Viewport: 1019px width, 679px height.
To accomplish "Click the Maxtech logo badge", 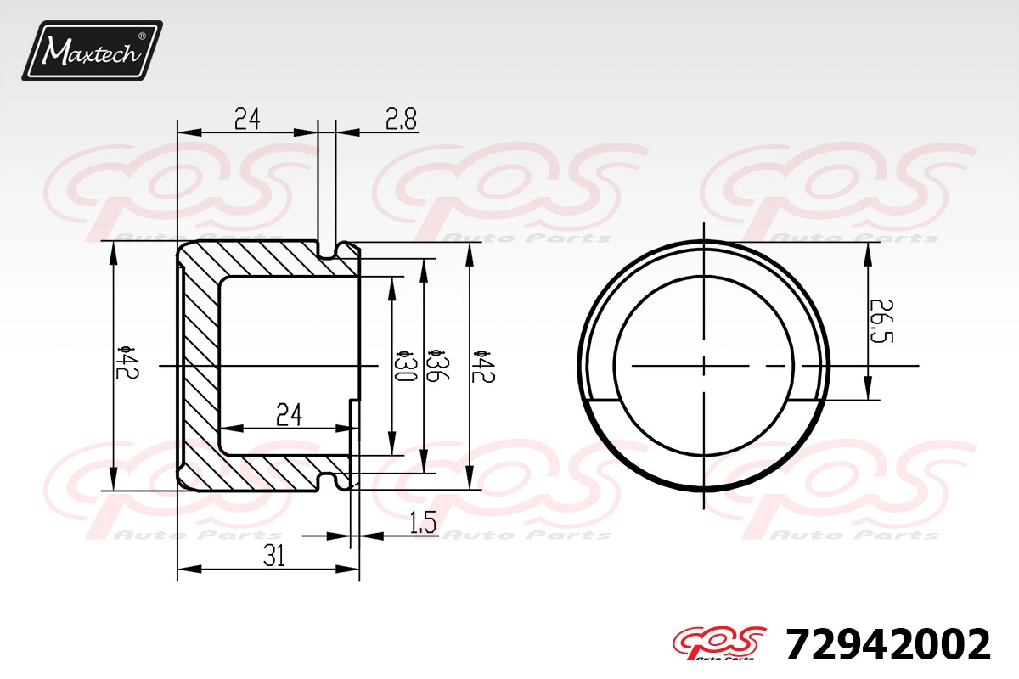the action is [x=92, y=51].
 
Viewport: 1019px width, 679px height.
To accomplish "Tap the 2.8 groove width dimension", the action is [x=401, y=120].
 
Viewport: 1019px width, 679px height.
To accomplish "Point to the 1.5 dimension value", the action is [x=423, y=522].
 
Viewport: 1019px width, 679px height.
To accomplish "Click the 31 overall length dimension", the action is [x=274, y=556].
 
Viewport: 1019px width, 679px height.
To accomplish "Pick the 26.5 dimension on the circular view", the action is [x=881, y=321].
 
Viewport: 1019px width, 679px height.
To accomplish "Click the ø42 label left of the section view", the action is [x=127, y=362].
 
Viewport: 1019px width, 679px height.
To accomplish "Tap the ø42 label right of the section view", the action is [x=482, y=367].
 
